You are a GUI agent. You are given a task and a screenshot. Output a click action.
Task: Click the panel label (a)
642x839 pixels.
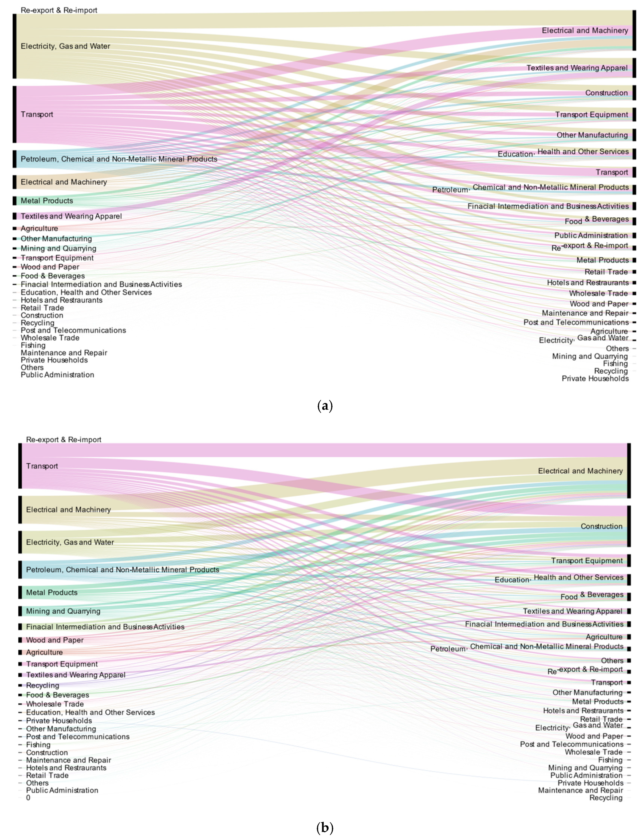[x=325, y=406]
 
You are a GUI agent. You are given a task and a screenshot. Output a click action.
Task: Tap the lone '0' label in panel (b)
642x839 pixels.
[x=28, y=798]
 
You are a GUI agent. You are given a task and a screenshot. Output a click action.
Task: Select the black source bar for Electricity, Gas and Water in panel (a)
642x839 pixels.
[x=14, y=46]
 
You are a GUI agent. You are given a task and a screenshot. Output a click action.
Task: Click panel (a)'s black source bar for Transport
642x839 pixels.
[x=14, y=114]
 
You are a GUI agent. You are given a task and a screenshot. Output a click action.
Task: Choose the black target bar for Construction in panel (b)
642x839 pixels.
[x=629, y=526]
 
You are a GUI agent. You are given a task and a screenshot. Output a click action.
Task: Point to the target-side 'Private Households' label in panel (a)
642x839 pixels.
[x=595, y=378]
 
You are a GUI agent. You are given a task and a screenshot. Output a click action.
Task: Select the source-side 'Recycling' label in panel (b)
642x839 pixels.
[x=42, y=685]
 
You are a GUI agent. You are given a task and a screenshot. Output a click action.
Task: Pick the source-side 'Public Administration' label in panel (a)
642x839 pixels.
[x=57, y=375]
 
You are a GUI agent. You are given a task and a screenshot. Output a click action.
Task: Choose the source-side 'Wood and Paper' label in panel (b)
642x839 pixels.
[x=55, y=640]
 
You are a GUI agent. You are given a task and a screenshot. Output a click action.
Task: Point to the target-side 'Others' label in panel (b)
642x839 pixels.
[x=612, y=661]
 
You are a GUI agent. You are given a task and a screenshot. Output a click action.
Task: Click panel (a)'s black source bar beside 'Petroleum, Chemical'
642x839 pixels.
[x=14, y=159]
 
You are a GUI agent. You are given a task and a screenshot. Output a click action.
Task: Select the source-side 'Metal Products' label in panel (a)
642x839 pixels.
[x=47, y=201]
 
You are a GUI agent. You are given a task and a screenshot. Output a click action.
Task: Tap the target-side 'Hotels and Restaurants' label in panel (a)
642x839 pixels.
[x=588, y=283]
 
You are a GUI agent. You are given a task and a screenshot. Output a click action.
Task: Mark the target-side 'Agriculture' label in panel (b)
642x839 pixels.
[x=604, y=637]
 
